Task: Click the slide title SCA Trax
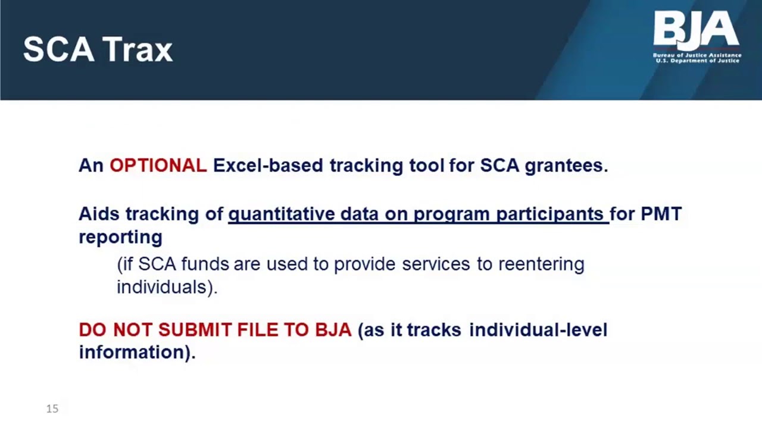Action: pyautogui.click(x=98, y=49)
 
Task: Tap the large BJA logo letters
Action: pyautogui.click(x=696, y=30)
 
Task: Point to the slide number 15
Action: pyautogui.click(x=52, y=408)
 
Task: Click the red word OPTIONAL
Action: pyautogui.click(x=158, y=165)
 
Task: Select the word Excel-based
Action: pyautogui.click(x=268, y=165)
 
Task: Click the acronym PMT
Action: pyautogui.click(x=661, y=214)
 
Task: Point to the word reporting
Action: pyautogui.click(x=120, y=238)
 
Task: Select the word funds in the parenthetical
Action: pyautogui.click(x=205, y=264)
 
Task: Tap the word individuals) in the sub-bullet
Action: pyautogui.click(x=167, y=287)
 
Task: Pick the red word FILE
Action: pyautogui.click(x=258, y=330)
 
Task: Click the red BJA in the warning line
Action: pyautogui.click(x=333, y=330)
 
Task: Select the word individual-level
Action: pyautogui.click(x=538, y=330)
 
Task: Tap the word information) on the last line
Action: pyautogui.click(x=138, y=353)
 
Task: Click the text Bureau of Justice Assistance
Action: pyautogui.click(x=697, y=55)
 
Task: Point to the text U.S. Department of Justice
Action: pyautogui.click(x=697, y=61)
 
